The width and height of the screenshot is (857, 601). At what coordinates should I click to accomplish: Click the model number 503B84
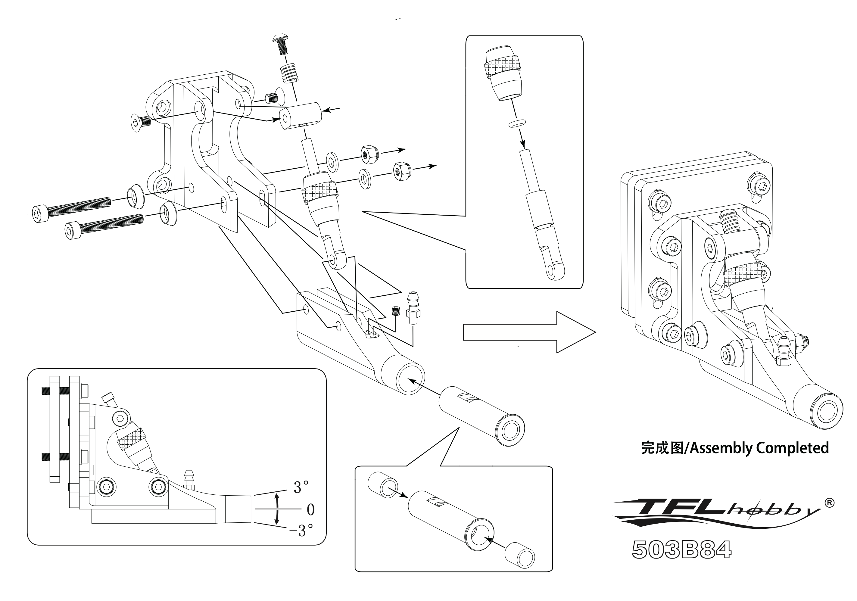point(681,550)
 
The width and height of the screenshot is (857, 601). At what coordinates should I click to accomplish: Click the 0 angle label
point(310,509)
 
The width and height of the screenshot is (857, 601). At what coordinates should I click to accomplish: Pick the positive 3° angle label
point(301,487)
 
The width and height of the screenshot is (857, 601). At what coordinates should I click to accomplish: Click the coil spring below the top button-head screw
point(290,73)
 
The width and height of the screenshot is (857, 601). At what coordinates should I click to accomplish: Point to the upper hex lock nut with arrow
point(369,154)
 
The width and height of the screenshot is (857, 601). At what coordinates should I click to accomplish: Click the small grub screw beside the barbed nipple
point(396,310)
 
